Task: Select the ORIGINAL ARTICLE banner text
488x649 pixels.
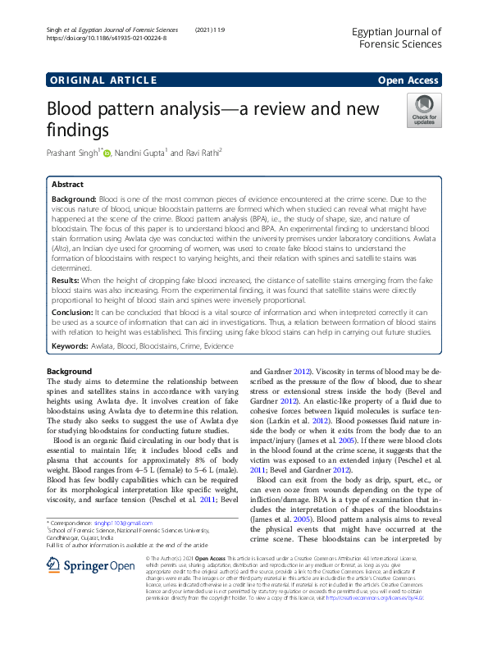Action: [x=103, y=80]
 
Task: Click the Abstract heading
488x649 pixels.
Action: [x=68, y=186]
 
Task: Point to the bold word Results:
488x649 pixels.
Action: [x=68, y=281]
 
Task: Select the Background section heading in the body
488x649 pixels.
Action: [x=69, y=372]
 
